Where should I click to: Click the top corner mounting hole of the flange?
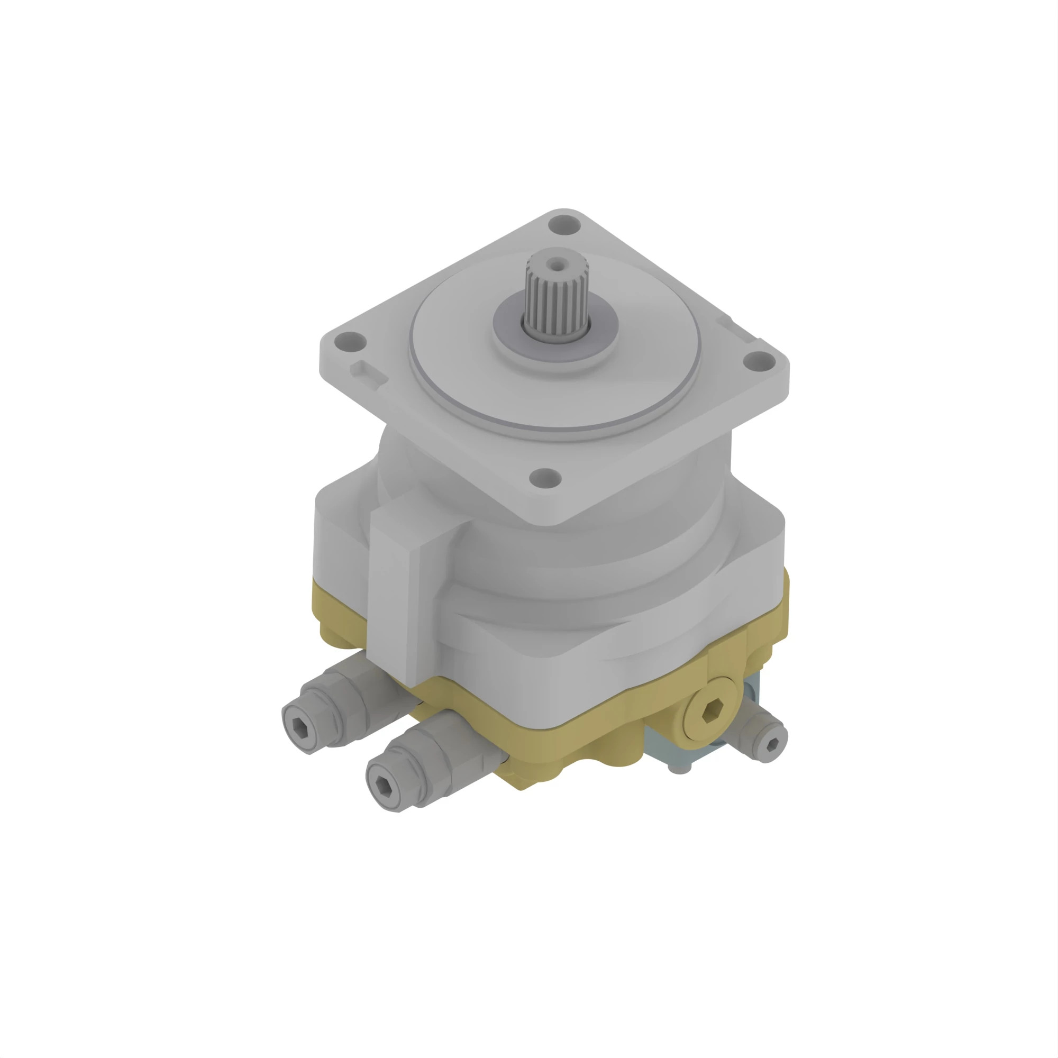[x=564, y=224]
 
